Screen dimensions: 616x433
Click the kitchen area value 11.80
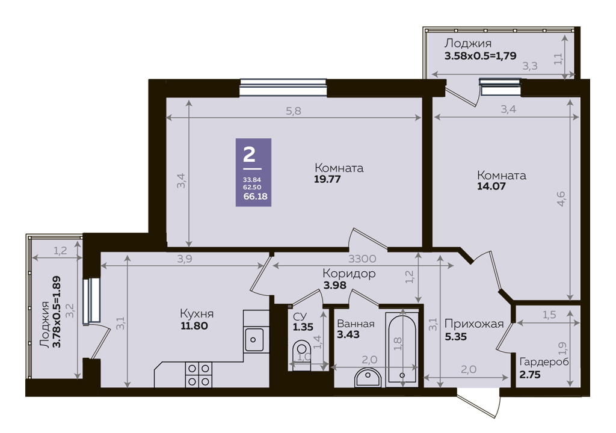[194, 326]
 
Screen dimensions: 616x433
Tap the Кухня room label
[197, 313]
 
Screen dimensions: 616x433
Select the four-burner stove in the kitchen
[199, 375]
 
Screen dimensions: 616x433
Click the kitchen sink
[254, 340]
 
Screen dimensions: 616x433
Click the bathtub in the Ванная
[401, 347]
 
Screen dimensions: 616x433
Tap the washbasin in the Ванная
[368, 377]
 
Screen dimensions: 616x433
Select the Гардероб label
[544, 362]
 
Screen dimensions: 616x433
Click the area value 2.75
[530, 375]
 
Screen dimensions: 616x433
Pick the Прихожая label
[474, 324]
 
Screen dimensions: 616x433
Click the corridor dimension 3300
[362, 259]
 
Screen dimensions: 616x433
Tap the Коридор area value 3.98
[334, 285]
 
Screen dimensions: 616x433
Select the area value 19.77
[327, 179]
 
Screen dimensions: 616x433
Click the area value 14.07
[491, 186]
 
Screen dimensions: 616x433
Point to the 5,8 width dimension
[294, 111]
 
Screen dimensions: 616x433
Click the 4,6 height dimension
[561, 198]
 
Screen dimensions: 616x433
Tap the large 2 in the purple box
[249, 154]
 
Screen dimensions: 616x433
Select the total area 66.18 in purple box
[255, 196]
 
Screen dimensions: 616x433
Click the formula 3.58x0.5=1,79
[480, 56]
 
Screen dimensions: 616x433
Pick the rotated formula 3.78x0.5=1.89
[57, 312]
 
